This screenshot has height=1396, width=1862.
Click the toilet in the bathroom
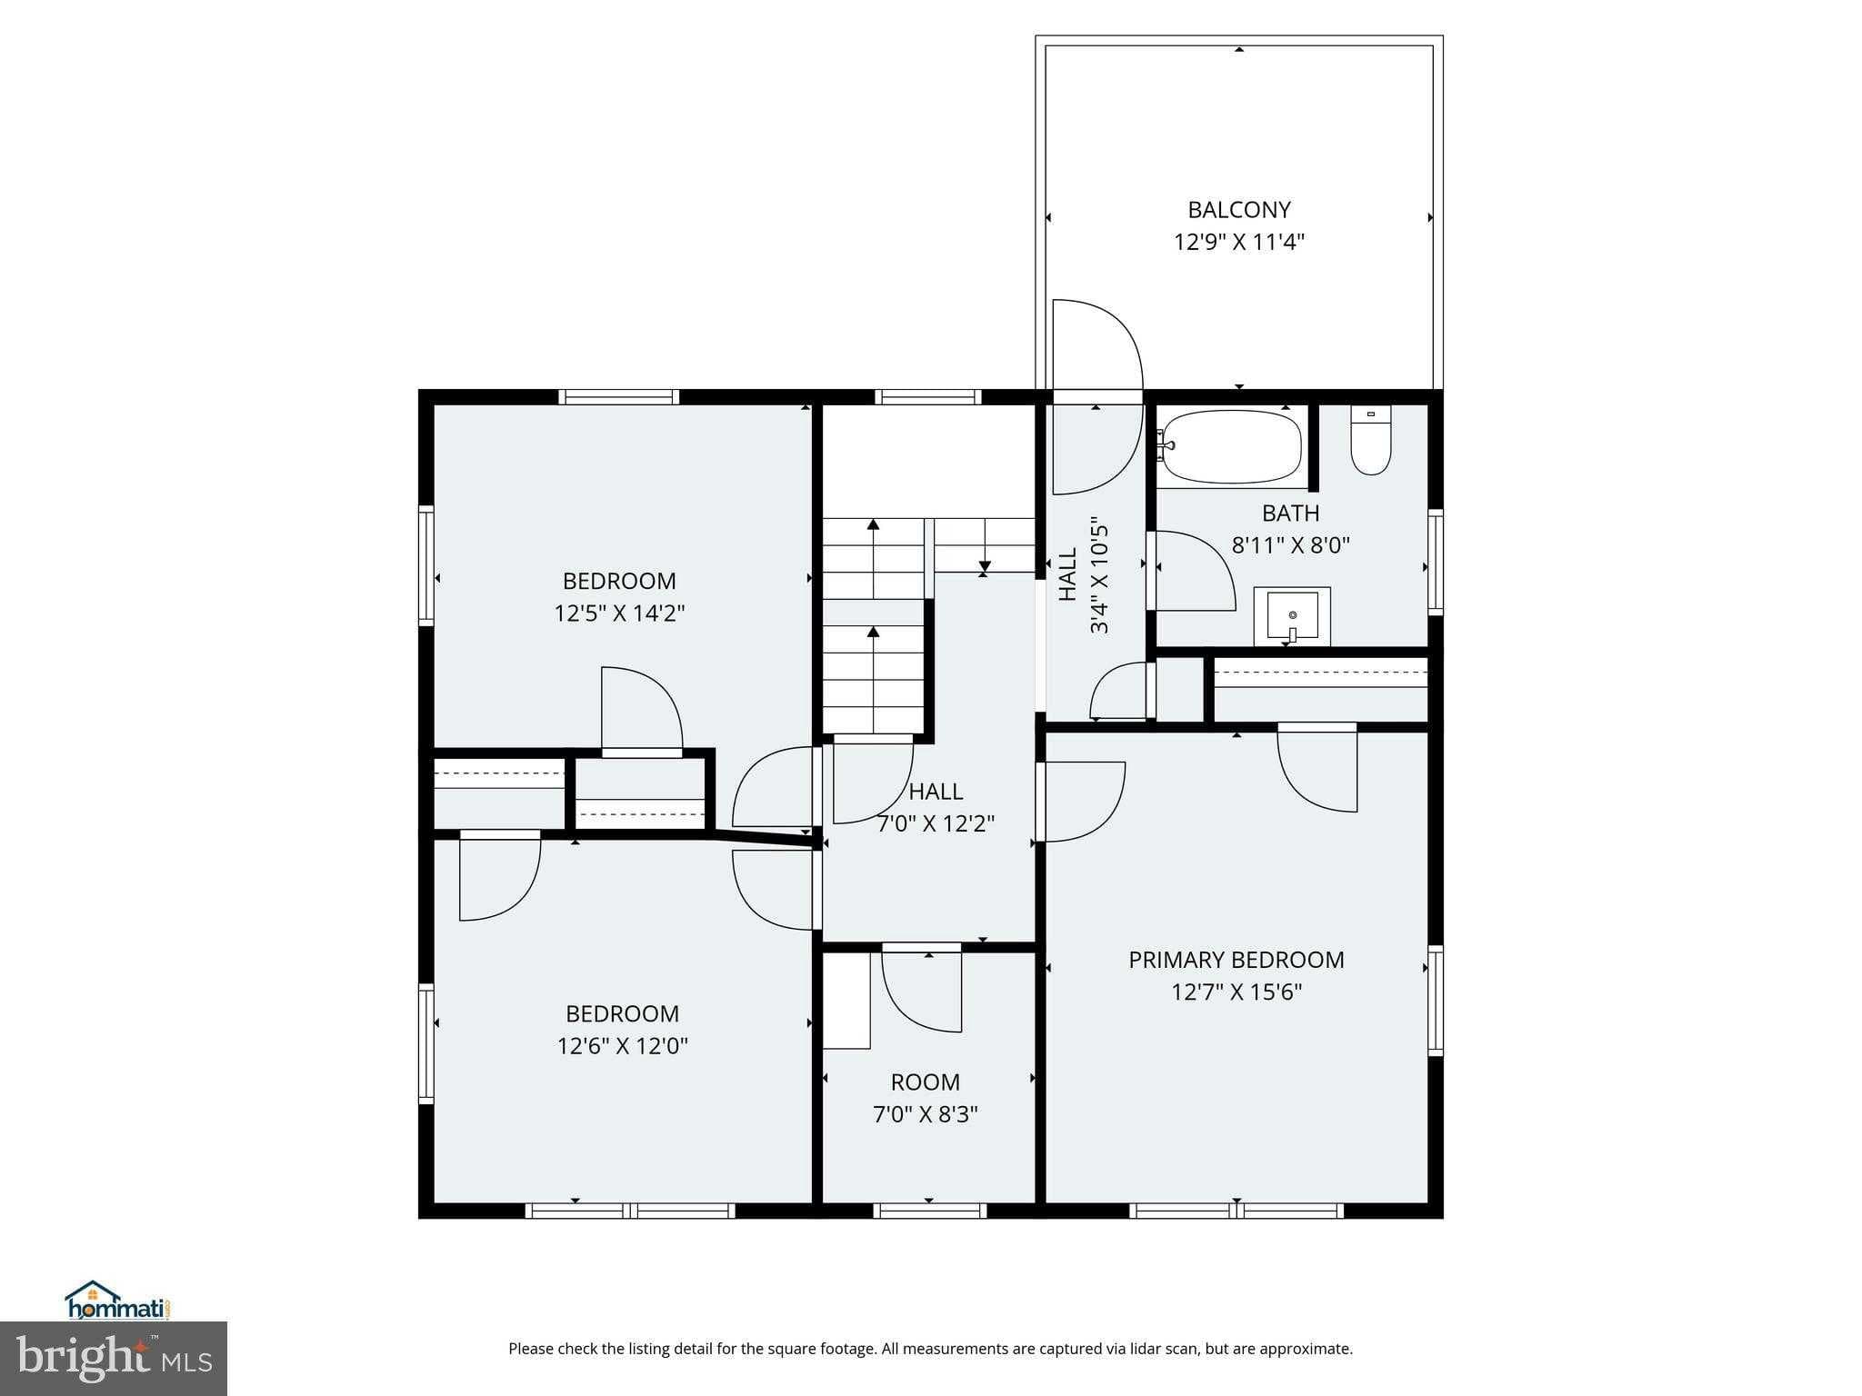point(1370,441)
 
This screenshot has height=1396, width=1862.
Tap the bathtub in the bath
point(1230,447)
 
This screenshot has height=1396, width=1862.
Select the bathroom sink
point(1292,616)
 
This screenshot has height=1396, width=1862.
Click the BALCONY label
point(1239,210)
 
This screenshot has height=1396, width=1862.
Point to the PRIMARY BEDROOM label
point(1236,960)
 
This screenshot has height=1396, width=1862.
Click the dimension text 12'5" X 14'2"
point(619,613)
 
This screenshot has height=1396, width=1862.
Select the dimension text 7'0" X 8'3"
point(926,1114)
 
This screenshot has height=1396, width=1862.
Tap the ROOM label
point(926,1082)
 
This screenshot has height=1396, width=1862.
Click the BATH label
point(1291,514)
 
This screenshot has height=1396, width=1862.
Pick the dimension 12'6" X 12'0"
point(623,1046)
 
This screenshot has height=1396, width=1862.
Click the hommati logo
point(118,1301)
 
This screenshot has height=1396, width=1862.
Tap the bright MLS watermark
point(114,1359)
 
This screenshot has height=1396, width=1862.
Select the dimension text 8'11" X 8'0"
point(1291,545)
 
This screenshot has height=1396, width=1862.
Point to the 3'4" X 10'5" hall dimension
point(1099,575)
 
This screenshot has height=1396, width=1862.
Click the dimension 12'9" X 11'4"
point(1239,243)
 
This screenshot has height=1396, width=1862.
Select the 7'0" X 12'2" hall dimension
point(936,824)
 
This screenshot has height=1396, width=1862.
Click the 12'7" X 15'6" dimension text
point(1236,992)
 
